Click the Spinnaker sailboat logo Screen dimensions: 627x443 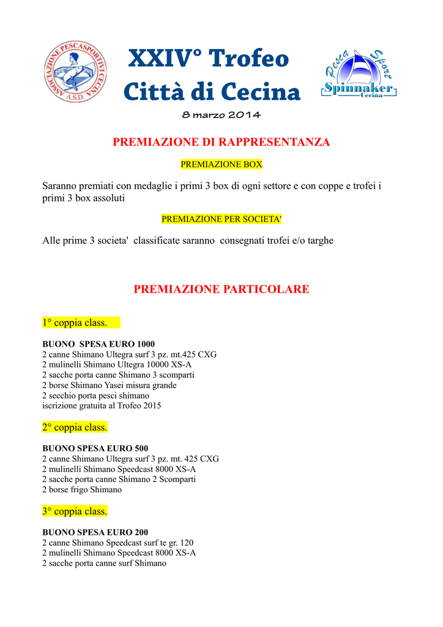359,74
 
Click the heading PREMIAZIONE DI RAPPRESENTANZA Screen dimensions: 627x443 221,142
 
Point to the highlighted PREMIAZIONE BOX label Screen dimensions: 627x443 221,165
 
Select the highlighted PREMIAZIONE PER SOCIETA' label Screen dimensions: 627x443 221,219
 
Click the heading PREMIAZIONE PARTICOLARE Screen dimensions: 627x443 221,289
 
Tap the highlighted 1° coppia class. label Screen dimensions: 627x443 75,323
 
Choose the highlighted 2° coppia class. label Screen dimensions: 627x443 75,427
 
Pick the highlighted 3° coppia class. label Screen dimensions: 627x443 75,511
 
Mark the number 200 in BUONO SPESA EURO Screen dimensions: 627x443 141,532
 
